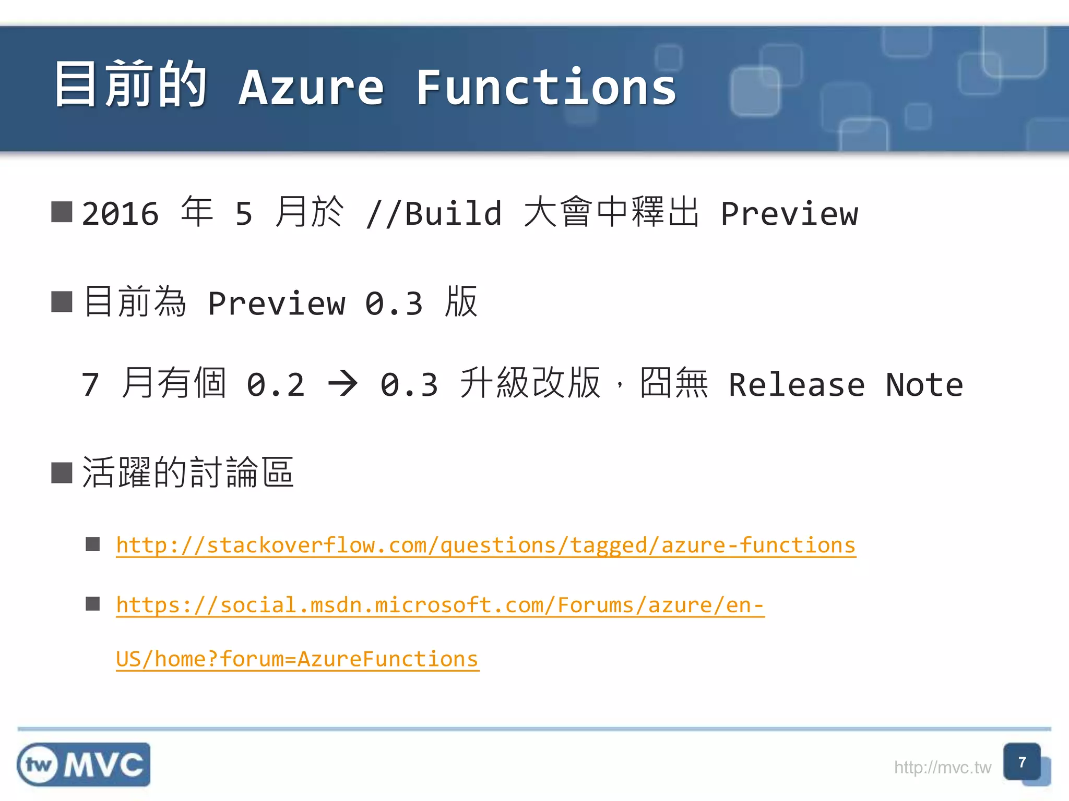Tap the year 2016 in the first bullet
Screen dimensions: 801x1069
[121, 214]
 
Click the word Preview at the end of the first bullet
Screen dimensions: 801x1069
[789, 214]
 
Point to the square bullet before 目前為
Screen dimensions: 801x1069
[62, 302]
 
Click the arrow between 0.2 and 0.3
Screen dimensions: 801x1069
[342, 384]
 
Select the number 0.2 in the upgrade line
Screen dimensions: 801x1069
[276, 385]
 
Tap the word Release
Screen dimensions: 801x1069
[797, 385]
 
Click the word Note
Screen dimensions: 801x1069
[924, 385]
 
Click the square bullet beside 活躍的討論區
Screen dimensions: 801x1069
[62, 473]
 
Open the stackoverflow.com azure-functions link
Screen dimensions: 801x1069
[485, 545]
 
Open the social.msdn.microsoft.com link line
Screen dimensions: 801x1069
[440, 605]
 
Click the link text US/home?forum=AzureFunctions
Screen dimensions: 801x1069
[297, 659]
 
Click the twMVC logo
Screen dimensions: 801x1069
[84, 764]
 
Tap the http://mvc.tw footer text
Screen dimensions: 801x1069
[942, 768]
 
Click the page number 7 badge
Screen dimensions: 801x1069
[1022, 762]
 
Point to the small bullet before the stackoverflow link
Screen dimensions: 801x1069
[93, 544]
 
